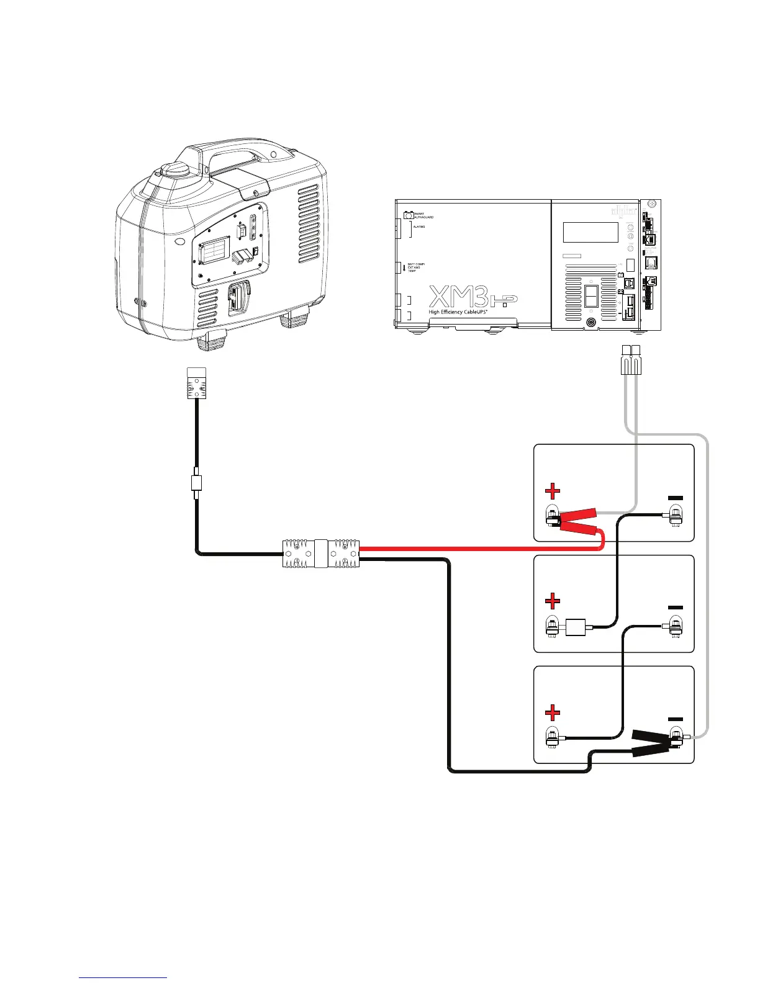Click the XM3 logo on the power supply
(x=459, y=296)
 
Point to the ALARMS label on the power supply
(x=419, y=227)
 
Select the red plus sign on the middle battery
(x=552, y=601)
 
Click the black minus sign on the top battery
(x=675, y=498)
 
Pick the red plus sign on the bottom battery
(x=552, y=712)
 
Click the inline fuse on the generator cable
(x=196, y=483)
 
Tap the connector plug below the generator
(x=196, y=383)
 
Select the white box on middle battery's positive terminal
(x=577, y=626)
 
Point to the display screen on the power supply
(x=590, y=233)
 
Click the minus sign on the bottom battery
(x=675, y=719)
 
